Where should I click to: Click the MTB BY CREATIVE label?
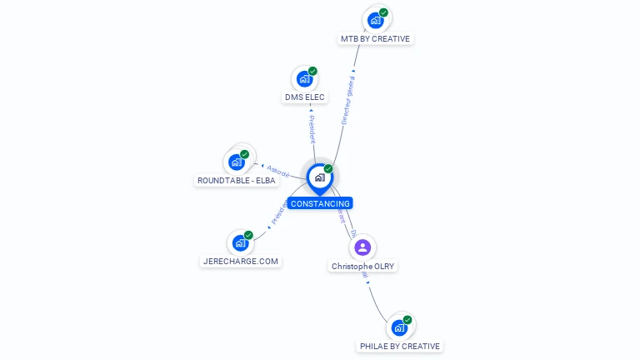pyautogui.click(x=377, y=39)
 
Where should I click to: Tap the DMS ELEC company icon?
pyautogui.click(x=305, y=79)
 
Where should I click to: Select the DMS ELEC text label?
pyautogui.click(x=305, y=97)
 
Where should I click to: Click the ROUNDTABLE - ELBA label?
pyautogui.click(x=236, y=180)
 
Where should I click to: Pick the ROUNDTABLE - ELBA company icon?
pyautogui.click(x=237, y=162)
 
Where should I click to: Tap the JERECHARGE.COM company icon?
pyautogui.click(x=240, y=243)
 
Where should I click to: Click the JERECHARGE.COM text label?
pyautogui.click(x=241, y=261)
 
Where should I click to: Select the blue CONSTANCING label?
pyautogui.click(x=320, y=203)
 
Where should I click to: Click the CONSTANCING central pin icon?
pyautogui.click(x=319, y=177)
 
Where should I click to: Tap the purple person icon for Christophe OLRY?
pyautogui.click(x=362, y=247)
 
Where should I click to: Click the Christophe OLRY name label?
pyautogui.click(x=362, y=267)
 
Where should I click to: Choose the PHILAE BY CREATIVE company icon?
pyautogui.click(x=399, y=327)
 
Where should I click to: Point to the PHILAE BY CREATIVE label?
pyautogui.click(x=400, y=346)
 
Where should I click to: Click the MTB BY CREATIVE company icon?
pyautogui.click(x=376, y=20)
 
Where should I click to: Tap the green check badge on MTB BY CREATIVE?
pyautogui.click(x=383, y=13)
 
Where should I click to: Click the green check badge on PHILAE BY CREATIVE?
pyautogui.click(x=407, y=320)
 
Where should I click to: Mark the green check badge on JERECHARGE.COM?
pyautogui.click(x=248, y=235)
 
